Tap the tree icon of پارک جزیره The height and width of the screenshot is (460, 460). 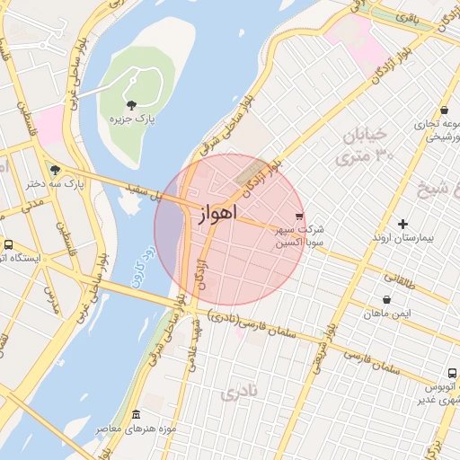(133, 105)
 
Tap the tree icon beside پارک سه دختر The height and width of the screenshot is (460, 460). (56, 169)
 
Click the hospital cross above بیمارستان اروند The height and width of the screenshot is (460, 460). (402, 223)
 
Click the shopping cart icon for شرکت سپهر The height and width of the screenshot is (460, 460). (299, 216)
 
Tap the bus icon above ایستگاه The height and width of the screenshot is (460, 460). (9, 244)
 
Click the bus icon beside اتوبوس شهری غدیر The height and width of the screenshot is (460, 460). (452, 373)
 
